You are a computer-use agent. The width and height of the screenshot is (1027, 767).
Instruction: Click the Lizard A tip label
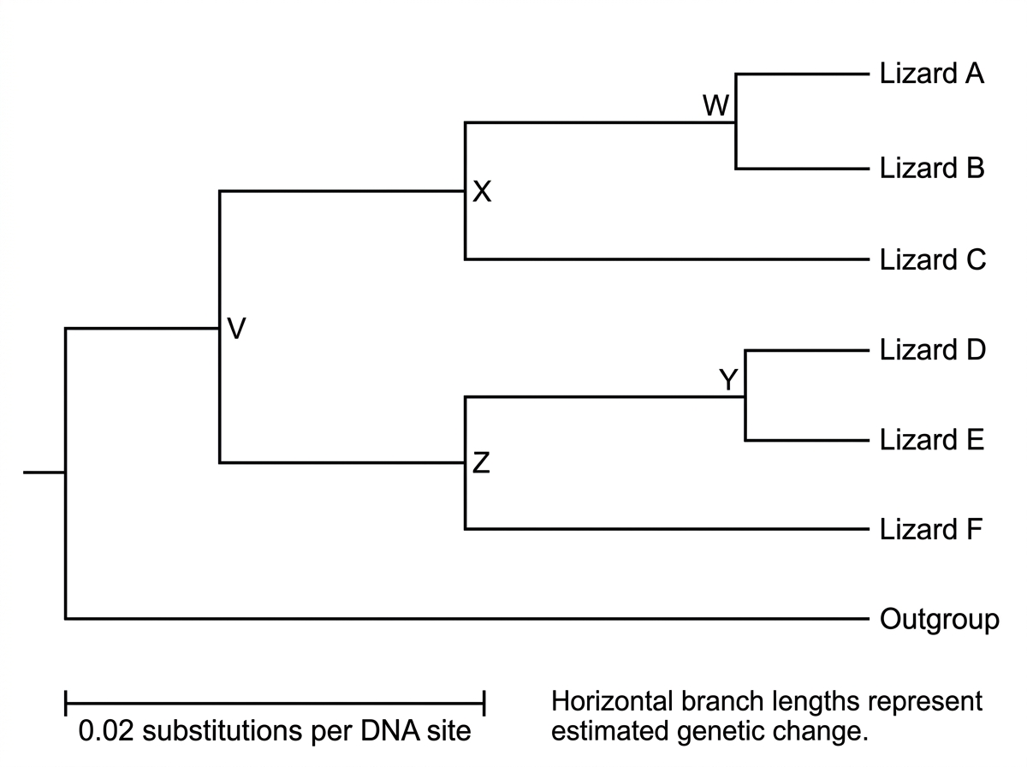tap(931, 74)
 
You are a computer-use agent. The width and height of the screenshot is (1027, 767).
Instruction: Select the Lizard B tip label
tap(931, 168)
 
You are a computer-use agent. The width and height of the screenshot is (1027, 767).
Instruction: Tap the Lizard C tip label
tap(933, 259)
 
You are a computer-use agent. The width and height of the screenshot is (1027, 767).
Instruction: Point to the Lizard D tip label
tap(933, 349)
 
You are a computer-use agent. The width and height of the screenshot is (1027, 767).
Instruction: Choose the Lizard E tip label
tap(931, 440)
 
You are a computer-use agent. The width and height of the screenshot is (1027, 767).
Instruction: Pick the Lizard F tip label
tap(930, 529)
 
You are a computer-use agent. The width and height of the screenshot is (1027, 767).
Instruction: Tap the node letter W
tap(715, 106)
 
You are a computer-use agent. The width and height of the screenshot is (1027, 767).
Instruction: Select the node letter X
tap(482, 192)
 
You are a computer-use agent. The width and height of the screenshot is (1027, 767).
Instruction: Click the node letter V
tap(236, 329)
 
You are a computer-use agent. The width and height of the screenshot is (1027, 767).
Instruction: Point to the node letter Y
tap(728, 379)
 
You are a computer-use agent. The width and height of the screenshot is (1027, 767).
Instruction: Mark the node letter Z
tap(481, 463)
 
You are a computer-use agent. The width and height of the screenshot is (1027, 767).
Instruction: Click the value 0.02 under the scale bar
tap(106, 730)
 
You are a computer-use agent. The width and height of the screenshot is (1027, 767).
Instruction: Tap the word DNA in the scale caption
tap(389, 730)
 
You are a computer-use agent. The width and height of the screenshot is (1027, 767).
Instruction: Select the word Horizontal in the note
tap(612, 701)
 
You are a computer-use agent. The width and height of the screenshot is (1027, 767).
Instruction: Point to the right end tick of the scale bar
tap(484, 703)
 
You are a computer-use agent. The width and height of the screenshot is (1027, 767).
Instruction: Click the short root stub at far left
tap(45, 473)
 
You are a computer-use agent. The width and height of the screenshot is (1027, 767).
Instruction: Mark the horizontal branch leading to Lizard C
tap(667, 259)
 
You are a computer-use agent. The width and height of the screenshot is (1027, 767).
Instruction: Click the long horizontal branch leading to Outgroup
tap(467, 619)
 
